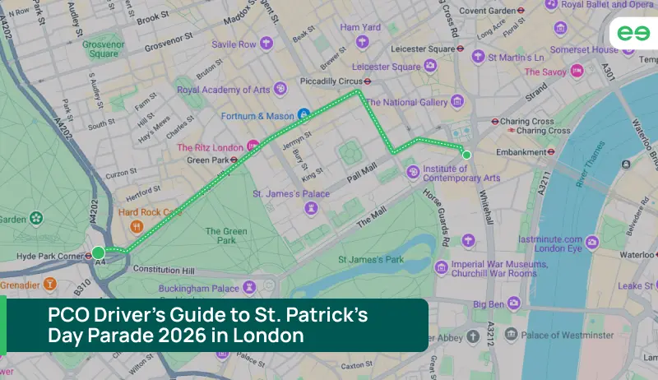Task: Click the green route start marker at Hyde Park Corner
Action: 99,252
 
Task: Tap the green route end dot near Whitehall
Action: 466,155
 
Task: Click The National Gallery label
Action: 406,102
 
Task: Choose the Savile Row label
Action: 234,44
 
